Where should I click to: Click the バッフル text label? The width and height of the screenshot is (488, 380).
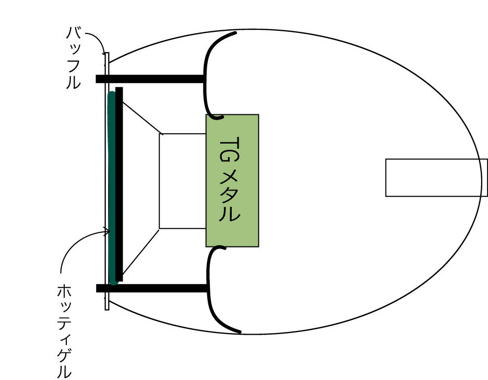tap(73, 57)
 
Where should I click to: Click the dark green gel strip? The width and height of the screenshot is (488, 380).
tap(111, 188)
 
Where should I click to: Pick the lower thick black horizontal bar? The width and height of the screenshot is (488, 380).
tap(151, 288)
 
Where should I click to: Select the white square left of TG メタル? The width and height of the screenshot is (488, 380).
tap(182, 181)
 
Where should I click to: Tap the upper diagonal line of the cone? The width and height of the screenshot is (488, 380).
tap(141, 118)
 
